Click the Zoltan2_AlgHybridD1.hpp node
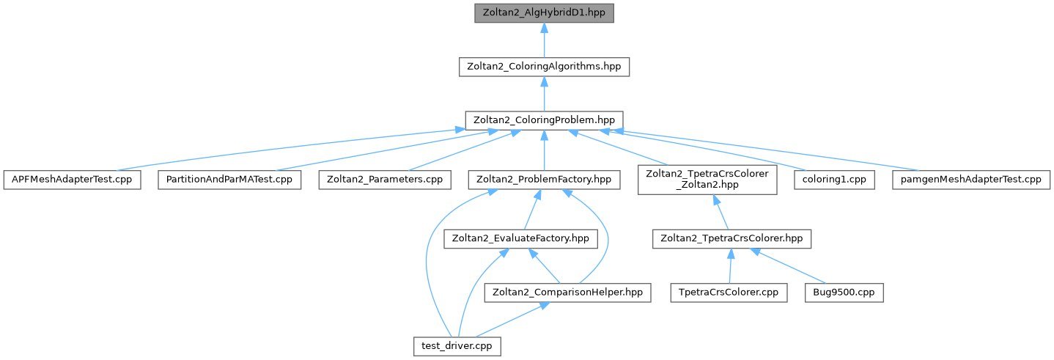(543, 13)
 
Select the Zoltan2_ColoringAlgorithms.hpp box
(543, 66)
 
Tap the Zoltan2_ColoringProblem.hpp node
(544, 120)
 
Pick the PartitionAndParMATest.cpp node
(229, 180)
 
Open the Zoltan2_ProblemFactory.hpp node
(544, 180)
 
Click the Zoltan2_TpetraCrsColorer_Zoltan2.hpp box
(707, 180)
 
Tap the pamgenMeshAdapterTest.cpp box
(970, 180)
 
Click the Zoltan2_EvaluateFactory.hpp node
(520, 238)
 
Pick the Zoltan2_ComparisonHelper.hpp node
(567, 292)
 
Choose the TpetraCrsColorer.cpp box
(729, 292)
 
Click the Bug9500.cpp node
(843, 292)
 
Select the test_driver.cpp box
(457, 345)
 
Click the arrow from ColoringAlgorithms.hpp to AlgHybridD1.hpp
(543, 40)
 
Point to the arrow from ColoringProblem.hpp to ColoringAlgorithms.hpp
(543, 93)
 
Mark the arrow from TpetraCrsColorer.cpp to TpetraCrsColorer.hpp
(730, 265)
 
